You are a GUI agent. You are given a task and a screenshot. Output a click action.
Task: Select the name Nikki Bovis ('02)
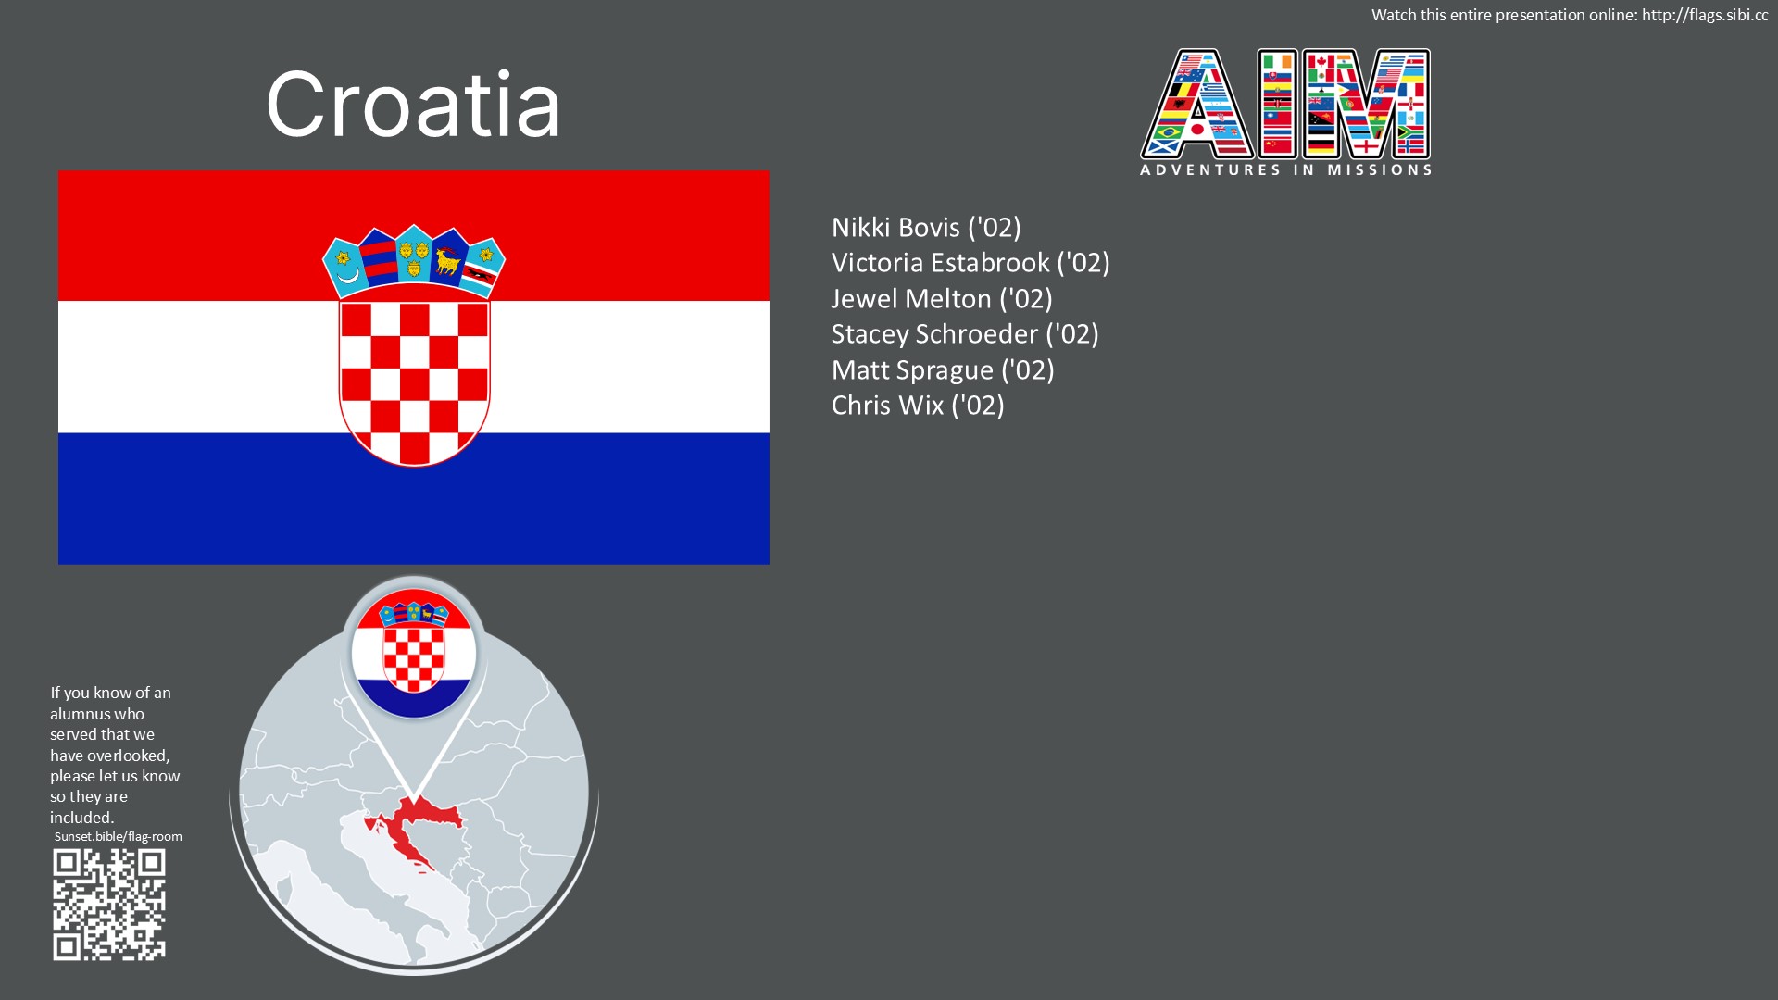coord(926,228)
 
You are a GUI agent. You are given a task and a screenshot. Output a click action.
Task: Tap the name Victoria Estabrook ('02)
coord(970,263)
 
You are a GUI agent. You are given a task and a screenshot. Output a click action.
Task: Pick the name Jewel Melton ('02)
coord(942,299)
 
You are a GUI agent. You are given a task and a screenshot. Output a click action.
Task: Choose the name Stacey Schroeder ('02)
coord(965,334)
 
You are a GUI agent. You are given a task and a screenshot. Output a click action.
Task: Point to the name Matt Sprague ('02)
coord(943,370)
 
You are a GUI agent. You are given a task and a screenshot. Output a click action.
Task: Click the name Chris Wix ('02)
coord(918,406)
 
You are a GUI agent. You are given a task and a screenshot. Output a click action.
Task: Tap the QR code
coord(109,905)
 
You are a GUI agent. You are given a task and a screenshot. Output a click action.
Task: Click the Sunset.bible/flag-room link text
coord(118,836)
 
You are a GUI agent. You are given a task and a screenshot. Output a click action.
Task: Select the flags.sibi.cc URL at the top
coord(1705,15)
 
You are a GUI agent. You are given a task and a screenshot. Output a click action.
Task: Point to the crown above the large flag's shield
coord(414,261)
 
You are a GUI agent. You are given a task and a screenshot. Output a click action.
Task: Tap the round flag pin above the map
coord(414,653)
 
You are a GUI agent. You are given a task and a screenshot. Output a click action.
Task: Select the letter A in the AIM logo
coord(1197,105)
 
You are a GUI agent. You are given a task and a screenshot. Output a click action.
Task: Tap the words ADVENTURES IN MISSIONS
coord(1286,170)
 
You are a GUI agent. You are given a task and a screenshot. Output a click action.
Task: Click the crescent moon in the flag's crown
coord(347,274)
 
